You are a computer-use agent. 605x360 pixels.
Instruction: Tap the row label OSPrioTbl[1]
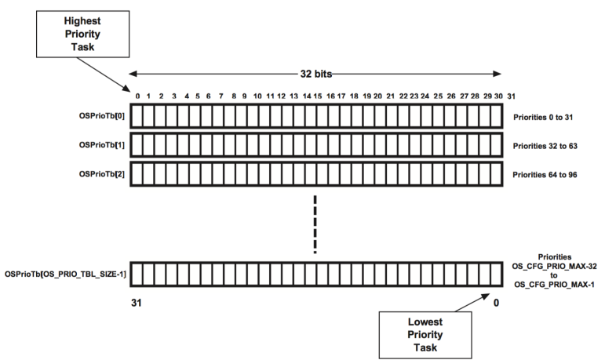pos(99,145)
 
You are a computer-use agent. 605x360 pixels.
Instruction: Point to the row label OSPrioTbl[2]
pos(99,173)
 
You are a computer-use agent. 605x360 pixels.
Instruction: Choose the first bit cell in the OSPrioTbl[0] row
pos(137,117)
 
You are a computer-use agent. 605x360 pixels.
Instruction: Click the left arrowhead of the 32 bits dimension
pos(133,73)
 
